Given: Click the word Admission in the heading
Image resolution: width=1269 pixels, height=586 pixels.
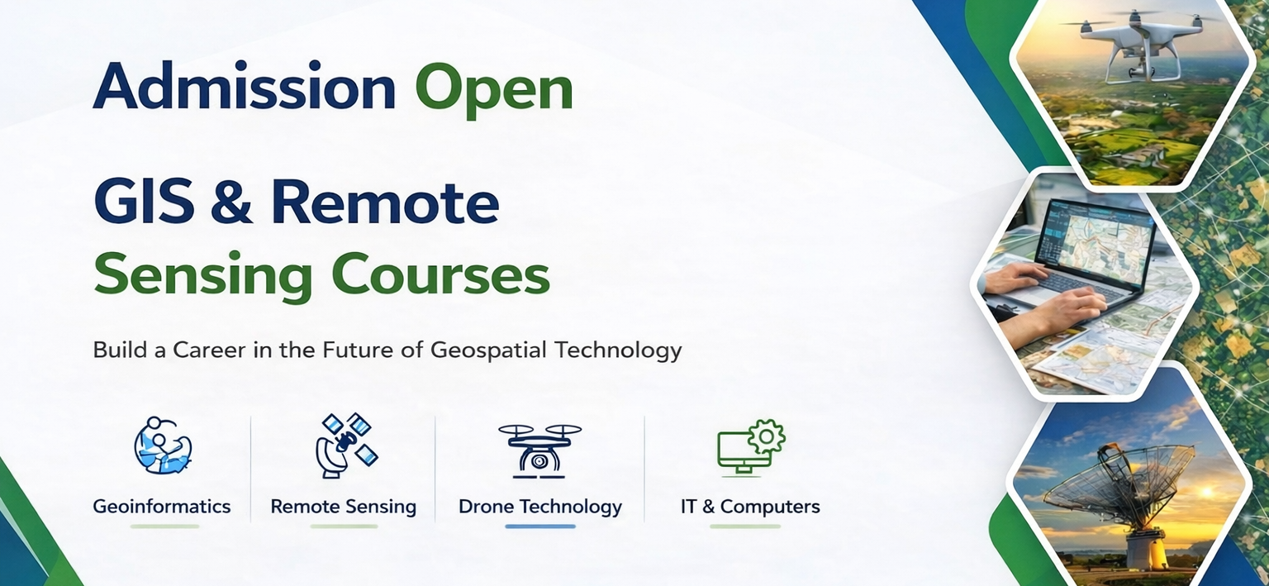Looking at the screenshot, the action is (x=245, y=86).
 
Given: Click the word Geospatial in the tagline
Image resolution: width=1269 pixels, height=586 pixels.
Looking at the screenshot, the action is (x=488, y=350).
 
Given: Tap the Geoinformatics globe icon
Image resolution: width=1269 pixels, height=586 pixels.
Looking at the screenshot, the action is (x=163, y=445).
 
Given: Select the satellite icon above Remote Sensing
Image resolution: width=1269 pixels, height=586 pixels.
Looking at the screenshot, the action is (x=346, y=445).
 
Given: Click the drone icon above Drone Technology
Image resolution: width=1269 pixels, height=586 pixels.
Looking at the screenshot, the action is (x=539, y=451).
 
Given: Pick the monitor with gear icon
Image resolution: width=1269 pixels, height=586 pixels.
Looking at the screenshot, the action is (x=751, y=448).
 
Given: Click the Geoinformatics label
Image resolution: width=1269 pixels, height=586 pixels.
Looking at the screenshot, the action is (x=162, y=506).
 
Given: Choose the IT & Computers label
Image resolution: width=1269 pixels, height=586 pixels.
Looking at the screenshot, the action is (x=750, y=506).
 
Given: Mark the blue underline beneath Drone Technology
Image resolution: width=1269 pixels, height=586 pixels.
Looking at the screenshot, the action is (x=539, y=526).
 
